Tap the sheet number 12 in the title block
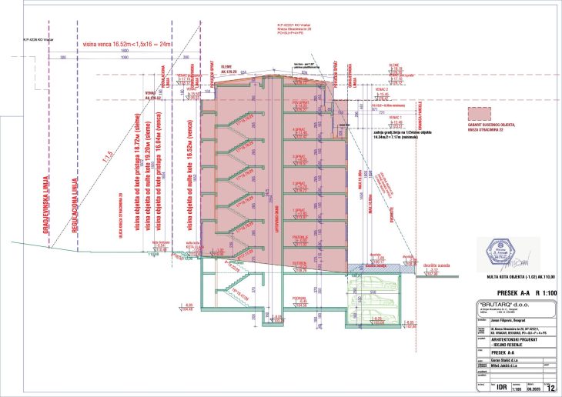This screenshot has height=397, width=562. click(550, 389)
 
